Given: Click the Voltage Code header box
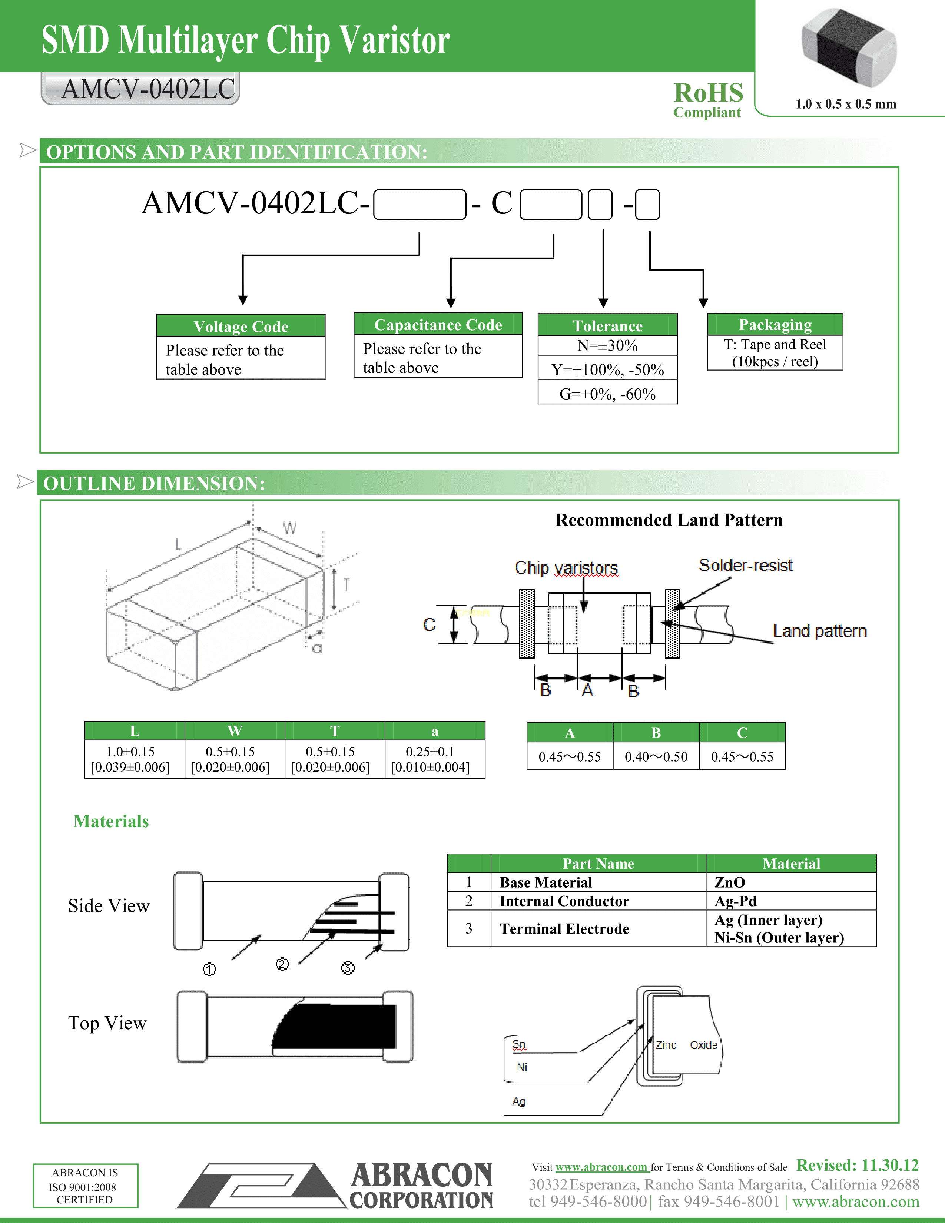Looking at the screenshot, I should point(241,326).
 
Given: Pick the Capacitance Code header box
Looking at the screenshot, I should point(438,324).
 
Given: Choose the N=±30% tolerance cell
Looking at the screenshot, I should point(607,345).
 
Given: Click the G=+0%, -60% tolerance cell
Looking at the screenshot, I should point(607,394).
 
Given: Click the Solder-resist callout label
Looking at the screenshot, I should point(745,566).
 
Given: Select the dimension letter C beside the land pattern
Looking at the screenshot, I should point(429,624).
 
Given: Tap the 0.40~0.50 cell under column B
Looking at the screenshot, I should point(656,756).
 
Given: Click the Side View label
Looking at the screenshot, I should point(109,905).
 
